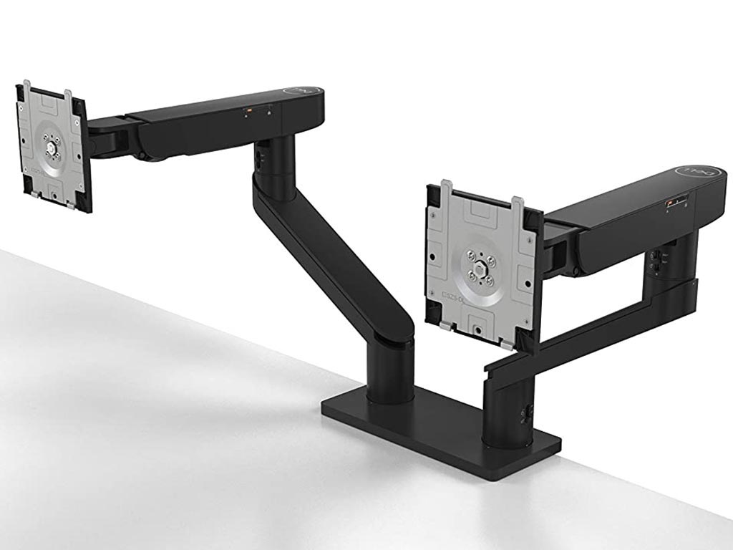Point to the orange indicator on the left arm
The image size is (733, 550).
(x=248, y=110)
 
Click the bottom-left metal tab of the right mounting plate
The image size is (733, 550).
(x=445, y=326)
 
